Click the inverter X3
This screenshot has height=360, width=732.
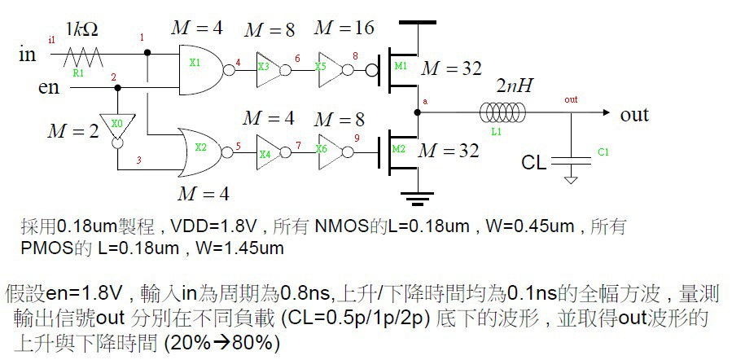(265, 69)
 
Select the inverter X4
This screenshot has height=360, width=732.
(265, 151)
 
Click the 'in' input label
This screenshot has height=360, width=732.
(28, 55)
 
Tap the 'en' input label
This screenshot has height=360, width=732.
(49, 86)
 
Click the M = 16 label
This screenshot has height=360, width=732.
(344, 28)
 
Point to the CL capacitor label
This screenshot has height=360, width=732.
(533, 163)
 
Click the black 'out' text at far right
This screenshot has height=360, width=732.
(634, 114)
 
